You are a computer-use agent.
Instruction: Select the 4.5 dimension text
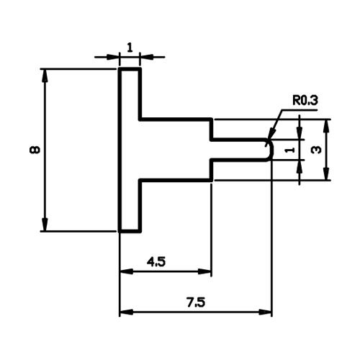[156, 261]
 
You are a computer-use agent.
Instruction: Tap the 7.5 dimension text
[196, 302]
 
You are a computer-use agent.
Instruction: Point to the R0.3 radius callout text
[305, 100]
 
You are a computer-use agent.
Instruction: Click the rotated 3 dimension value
[316, 150]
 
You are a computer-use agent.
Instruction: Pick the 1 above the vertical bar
[130, 48]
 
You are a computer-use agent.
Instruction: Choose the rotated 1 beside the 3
[289, 150]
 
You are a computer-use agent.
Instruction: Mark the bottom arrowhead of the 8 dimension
[45, 225]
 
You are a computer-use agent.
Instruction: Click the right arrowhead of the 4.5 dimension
[204, 271]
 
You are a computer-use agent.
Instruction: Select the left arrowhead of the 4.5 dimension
[126, 271]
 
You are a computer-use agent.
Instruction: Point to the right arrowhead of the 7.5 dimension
[265, 312]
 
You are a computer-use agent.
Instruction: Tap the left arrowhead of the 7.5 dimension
[126, 312]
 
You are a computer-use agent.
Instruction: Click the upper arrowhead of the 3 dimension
[326, 126]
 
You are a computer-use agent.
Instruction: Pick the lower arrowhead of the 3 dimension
[326, 174]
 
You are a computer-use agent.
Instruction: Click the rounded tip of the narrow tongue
[272, 150]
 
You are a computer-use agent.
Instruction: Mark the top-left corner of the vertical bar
[120, 69]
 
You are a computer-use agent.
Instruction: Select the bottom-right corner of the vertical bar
[140, 231]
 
